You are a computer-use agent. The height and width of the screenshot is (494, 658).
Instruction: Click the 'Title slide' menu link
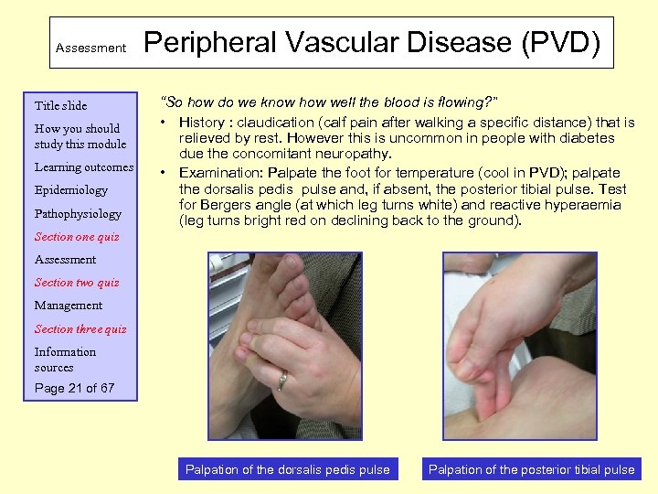[x=60, y=105]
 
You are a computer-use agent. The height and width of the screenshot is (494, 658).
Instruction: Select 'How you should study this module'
[x=80, y=136]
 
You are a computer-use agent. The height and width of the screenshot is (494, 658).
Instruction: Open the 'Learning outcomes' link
[x=84, y=167]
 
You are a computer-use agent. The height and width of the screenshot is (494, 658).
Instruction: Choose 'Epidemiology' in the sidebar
[x=71, y=190]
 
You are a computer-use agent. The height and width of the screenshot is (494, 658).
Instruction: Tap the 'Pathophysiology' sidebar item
[x=78, y=214]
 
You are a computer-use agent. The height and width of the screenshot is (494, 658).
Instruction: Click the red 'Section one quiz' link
[x=77, y=237]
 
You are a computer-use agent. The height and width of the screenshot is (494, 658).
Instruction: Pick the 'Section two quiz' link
[x=77, y=283]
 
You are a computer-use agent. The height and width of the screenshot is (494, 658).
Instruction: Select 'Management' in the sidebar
[x=69, y=306]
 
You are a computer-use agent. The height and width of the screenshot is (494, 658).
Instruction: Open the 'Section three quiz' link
[x=80, y=329]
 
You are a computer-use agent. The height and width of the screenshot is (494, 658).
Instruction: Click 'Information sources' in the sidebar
[x=65, y=360]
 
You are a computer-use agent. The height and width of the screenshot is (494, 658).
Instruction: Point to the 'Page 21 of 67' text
[x=75, y=388]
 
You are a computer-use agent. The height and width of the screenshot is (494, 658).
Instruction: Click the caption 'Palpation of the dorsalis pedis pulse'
[x=287, y=469]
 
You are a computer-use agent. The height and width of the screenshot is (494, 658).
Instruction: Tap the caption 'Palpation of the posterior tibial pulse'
[x=531, y=469]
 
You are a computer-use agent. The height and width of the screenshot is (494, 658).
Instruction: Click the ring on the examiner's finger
[x=283, y=380]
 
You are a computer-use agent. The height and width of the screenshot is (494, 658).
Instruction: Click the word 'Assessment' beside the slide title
[x=90, y=48]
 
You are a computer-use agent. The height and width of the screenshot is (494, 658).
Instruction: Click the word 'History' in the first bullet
[x=201, y=122]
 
